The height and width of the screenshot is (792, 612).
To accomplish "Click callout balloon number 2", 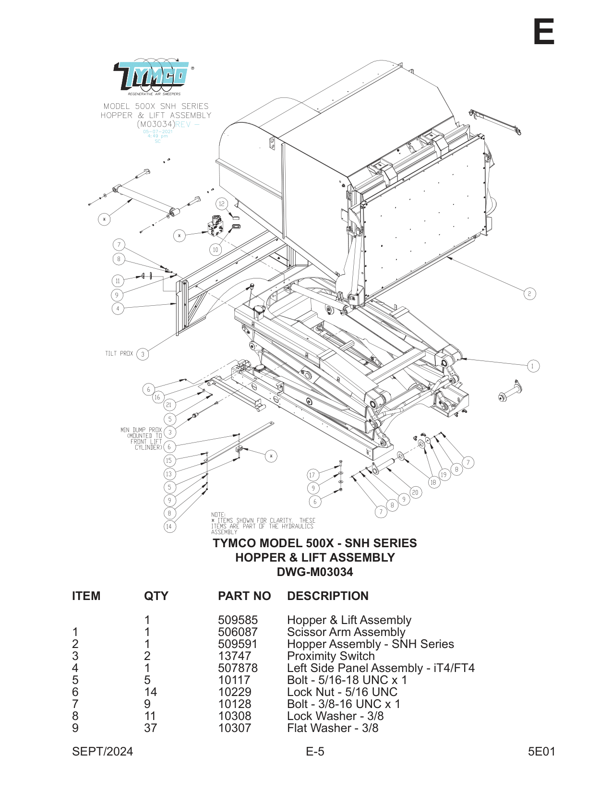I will pos(529,294).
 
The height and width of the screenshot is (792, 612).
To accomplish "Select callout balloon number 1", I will pos(532,366).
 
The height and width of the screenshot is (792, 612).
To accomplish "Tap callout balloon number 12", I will pos(221,204).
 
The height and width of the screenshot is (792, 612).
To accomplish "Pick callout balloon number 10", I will pos(216,250).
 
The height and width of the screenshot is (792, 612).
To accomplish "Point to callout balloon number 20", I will pos(415,492).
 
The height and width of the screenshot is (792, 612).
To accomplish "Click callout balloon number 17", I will pos(312,475).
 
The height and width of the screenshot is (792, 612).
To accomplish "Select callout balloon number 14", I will pos(169,527).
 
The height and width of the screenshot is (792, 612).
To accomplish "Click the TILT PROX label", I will pos(119,354).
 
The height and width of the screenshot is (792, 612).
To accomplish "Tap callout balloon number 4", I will pos(118,309).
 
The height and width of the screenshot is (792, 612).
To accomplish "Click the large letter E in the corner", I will pos(544,32).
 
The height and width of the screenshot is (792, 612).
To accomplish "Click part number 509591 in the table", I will pos(238,644).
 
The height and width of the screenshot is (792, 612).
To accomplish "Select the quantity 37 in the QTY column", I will pos(150,728).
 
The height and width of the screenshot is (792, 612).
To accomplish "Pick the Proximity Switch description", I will pos(331,656).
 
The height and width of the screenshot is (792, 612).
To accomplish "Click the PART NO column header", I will pos(244,596).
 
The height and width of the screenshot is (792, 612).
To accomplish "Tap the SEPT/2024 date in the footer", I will pos(102,752).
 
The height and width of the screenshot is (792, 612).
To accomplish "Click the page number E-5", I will pos(315,752).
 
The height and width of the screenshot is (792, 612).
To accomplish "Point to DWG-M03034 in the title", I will pos(315,572).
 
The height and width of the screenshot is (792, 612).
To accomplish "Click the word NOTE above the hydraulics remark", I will pos(218,515).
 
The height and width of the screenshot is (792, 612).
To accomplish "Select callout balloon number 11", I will pos(118,281).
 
